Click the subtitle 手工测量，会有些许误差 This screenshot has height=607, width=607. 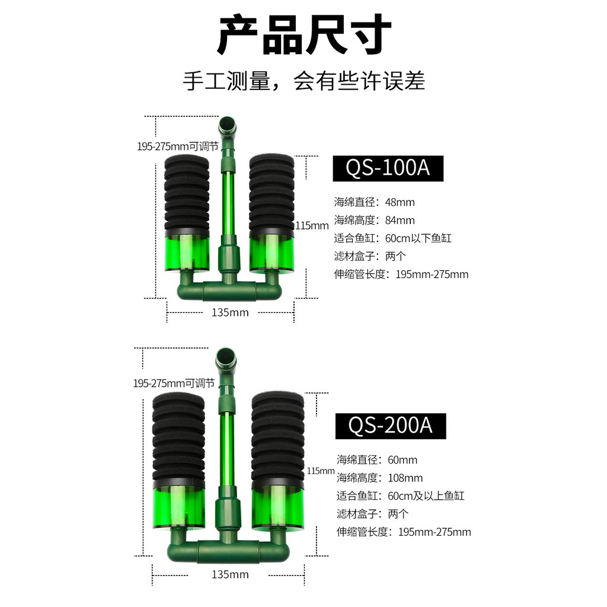click(x=304, y=81)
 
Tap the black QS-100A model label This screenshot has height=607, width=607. click(x=388, y=168)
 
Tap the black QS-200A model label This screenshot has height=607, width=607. click(x=391, y=426)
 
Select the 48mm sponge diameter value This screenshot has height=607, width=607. click(x=400, y=202)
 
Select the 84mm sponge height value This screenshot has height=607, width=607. click(x=400, y=221)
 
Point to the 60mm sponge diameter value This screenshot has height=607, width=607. click(x=402, y=460)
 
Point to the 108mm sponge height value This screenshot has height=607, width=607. click(x=405, y=478)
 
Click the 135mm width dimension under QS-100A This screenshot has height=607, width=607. click(x=231, y=312)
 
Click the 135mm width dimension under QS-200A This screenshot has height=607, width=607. click(x=231, y=574)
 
